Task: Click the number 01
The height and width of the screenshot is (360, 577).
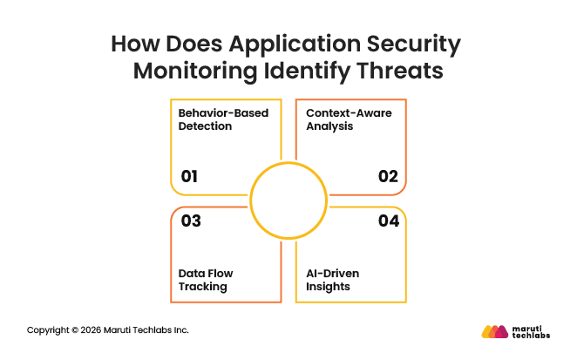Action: tap(189, 177)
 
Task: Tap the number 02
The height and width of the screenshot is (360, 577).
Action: tap(388, 177)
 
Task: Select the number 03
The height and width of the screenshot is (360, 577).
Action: tap(191, 221)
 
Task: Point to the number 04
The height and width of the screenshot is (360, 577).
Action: tap(388, 221)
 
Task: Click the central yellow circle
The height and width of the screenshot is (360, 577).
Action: tap(288, 199)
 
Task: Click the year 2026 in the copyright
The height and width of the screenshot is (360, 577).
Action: tap(92, 330)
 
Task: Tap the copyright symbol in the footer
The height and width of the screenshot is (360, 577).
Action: tap(75, 330)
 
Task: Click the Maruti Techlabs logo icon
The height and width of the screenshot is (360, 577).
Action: tap(494, 331)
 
